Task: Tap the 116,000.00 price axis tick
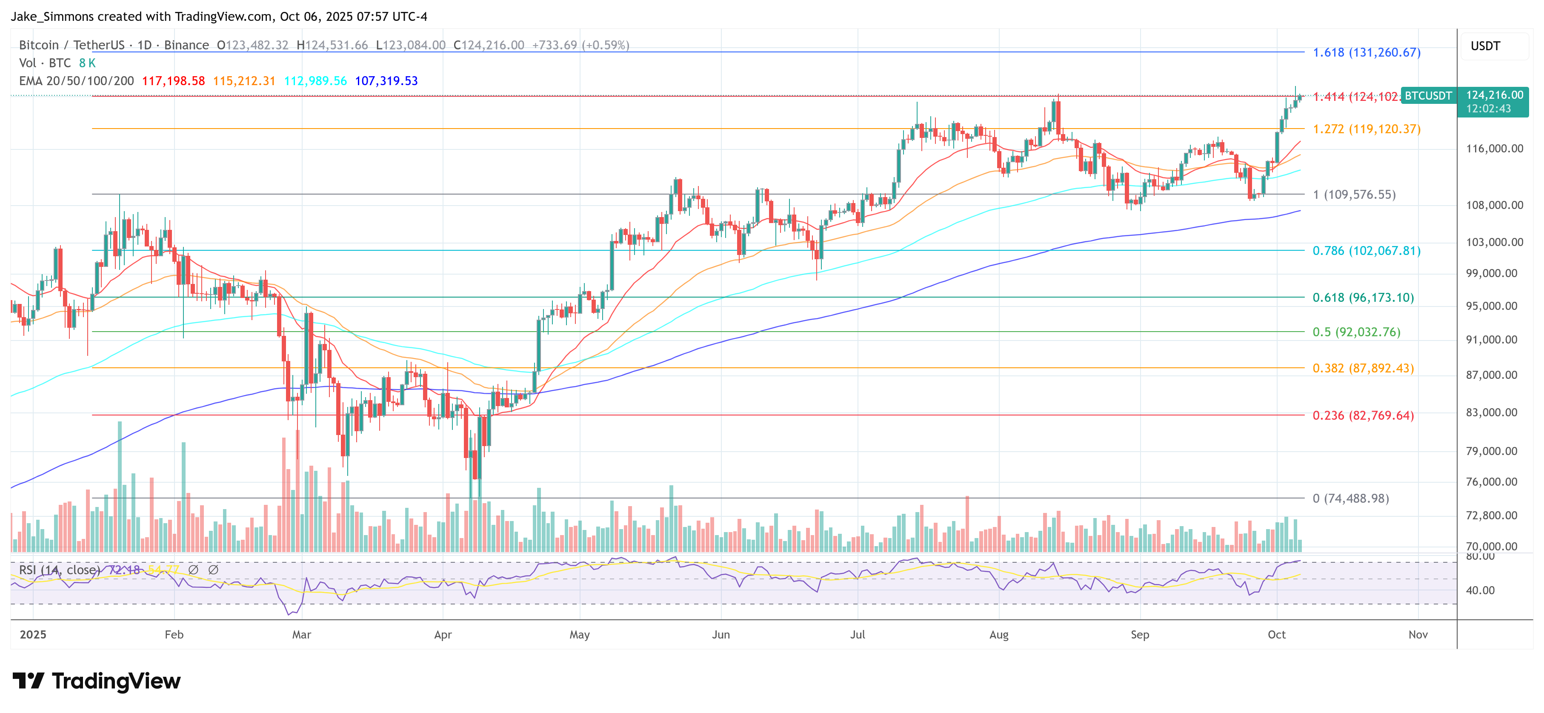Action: point(1494,149)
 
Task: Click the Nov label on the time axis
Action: point(1418,634)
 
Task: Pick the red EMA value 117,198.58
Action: point(173,81)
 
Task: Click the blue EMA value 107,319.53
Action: point(386,81)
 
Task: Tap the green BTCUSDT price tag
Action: point(1428,96)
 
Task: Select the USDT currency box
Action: point(1485,46)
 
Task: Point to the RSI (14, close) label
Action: point(59,570)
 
